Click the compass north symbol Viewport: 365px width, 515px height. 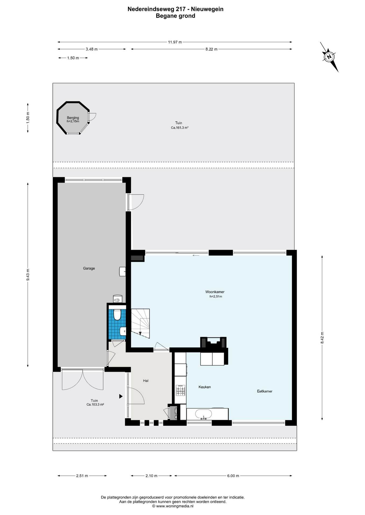[329, 57]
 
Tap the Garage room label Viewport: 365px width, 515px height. [89, 268]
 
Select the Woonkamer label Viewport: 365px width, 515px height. [215, 292]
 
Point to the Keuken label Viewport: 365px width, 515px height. [205, 387]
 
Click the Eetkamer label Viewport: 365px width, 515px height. [264, 391]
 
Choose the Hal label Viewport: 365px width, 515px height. [146, 381]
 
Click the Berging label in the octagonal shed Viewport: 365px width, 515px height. [73, 118]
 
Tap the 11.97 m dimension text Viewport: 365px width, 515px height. [175, 42]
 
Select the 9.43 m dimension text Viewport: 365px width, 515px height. [28, 275]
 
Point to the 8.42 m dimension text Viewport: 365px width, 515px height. [322, 338]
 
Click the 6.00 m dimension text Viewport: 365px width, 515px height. [233, 476]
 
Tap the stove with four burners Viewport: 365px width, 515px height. [180, 390]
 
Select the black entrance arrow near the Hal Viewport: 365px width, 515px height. [121, 396]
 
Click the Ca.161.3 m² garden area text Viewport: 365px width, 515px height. [180, 128]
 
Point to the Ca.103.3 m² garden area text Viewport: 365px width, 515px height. [95, 404]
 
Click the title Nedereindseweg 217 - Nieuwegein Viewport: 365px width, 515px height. [176, 9]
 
